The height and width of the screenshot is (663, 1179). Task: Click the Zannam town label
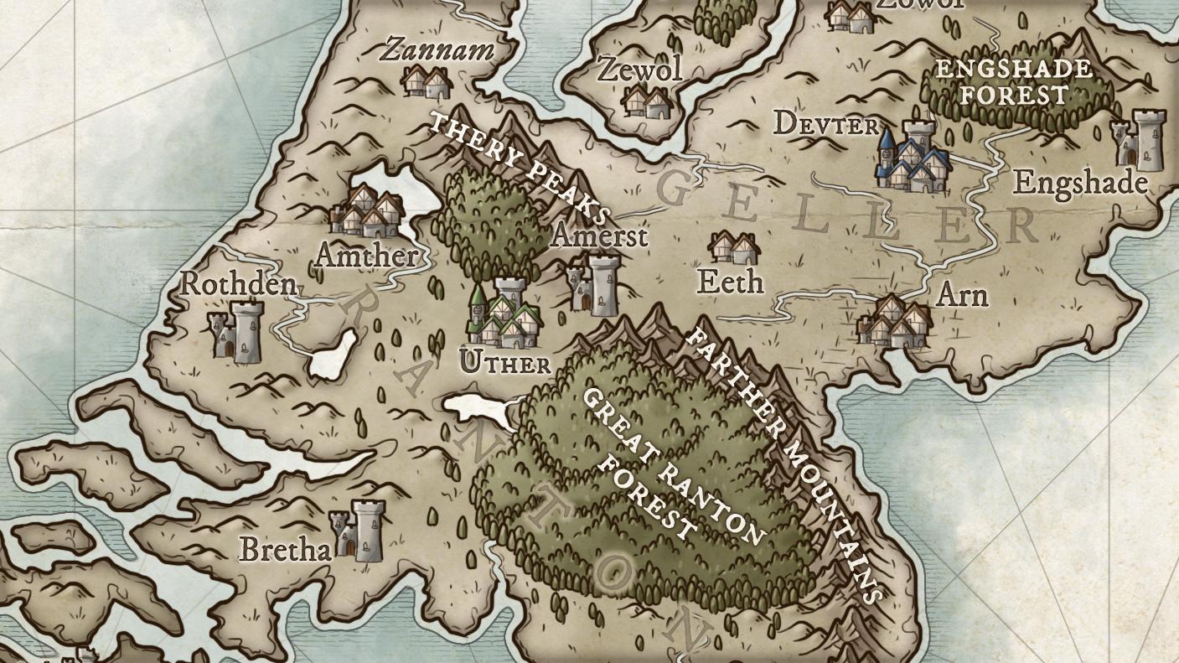click(437, 50)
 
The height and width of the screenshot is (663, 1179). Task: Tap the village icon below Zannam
click(426, 81)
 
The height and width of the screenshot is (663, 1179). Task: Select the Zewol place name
click(639, 70)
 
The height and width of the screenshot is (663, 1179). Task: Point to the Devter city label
click(825, 125)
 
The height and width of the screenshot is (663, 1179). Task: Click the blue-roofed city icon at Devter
click(913, 158)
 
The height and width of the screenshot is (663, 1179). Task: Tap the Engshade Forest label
click(1014, 81)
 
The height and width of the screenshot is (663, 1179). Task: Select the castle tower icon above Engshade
click(1138, 139)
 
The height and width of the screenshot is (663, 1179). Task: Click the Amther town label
click(366, 256)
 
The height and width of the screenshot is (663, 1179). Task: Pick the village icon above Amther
click(367, 212)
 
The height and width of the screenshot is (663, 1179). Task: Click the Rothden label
click(238, 284)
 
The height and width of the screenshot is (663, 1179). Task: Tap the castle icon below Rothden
click(235, 333)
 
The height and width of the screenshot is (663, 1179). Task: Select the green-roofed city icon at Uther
click(504, 316)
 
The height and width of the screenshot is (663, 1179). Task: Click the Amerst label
click(599, 236)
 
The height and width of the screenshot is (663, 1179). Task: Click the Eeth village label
click(730, 282)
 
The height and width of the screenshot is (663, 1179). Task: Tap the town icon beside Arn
click(894, 322)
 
